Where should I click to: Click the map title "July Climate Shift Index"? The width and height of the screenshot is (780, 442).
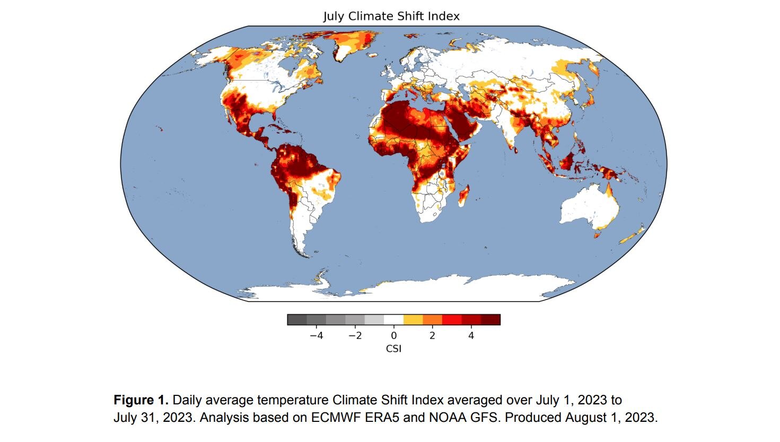click(391, 16)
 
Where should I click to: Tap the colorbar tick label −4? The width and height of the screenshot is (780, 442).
click(316, 335)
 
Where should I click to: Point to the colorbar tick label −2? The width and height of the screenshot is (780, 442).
click(355, 335)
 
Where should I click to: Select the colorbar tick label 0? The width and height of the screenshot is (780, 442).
click(393, 335)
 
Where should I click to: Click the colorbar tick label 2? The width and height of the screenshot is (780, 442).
click(432, 335)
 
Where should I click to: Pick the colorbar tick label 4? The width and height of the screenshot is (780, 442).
click(471, 335)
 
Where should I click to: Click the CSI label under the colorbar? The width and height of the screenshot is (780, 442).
click(393, 348)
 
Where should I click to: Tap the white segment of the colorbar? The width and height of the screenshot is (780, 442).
click(393, 320)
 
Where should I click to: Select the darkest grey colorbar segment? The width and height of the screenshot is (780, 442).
click(297, 320)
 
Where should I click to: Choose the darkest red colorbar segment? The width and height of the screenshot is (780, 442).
click(490, 320)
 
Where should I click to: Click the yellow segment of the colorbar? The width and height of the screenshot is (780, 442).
click(413, 320)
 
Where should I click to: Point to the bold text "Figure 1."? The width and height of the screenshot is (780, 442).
click(141, 400)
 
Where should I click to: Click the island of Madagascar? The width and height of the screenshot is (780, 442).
click(463, 195)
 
